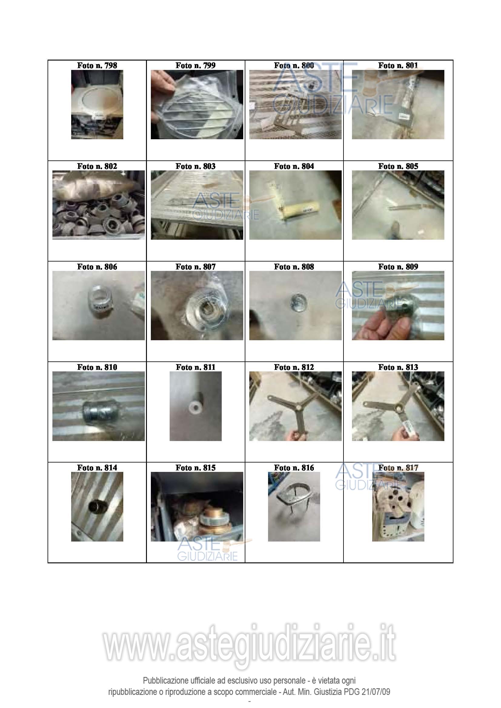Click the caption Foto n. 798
point(97,65)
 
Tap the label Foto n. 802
point(97,166)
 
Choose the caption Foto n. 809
point(398,267)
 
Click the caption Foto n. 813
point(398,367)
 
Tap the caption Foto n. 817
point(398,468)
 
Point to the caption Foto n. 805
point(398,166)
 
